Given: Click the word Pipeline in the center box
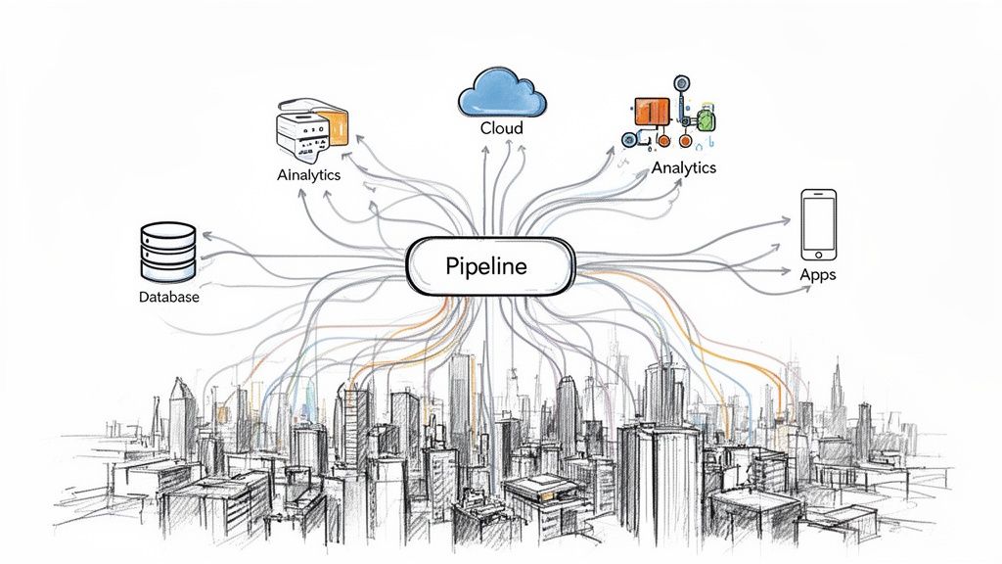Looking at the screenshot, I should (x=485, y=266).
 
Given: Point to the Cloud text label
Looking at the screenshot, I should (x=501, y=128).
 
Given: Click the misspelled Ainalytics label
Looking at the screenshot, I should (x=308, y=175).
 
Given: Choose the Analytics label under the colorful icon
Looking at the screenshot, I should (x=683, y=167).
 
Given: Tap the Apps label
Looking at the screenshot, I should (x=817, y=274).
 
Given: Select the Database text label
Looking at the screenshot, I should (x=168, y=297).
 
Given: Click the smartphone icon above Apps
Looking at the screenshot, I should (x=818, y=225).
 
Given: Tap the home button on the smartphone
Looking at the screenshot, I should (x=818, y=254).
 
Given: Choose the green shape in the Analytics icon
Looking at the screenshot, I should (x=707, y=120).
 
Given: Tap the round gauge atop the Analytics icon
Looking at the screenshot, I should (x=681, y=84).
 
